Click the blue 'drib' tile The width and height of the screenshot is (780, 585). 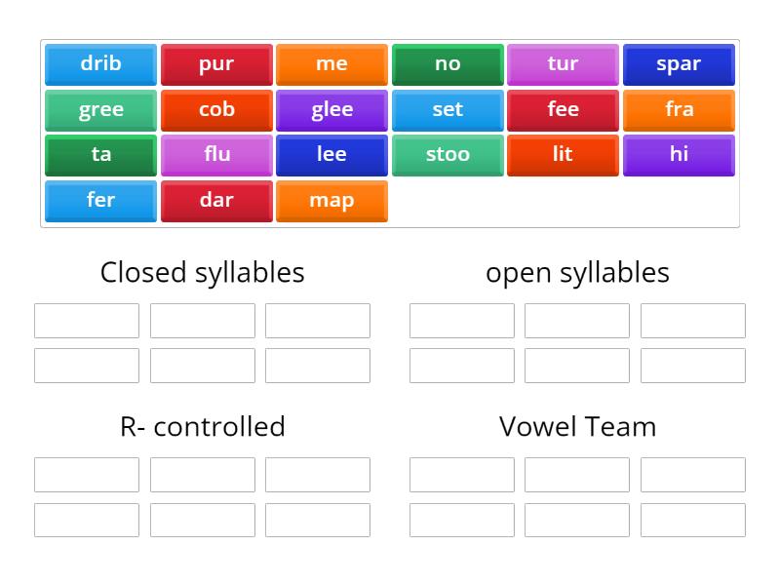[100, 64]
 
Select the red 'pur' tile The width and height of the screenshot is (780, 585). [216, 64]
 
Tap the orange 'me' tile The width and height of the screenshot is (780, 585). [331, 64]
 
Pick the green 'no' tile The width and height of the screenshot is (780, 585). [448, 64]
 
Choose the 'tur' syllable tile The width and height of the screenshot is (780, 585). [563, 64]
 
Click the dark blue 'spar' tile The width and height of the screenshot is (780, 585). [679, 64]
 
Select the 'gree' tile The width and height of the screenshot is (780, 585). [100, 110]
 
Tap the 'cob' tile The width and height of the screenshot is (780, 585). [216, 110]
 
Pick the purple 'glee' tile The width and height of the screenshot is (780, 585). [331, 110]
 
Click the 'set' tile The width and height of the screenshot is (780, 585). [448, 110]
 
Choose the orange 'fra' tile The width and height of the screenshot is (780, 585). [679, 110]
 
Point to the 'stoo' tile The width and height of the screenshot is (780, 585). [448, 155]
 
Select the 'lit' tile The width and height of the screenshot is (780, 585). [563, 155]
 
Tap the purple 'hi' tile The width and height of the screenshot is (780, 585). [679, 155]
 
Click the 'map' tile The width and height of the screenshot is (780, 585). [331, 201]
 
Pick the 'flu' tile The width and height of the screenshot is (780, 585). [216, 155]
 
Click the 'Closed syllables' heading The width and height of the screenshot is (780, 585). [202, 272]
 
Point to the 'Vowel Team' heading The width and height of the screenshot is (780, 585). [577, 426]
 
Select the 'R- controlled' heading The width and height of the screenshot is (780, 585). [202, 426]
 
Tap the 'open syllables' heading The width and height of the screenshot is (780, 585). [577, 272]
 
